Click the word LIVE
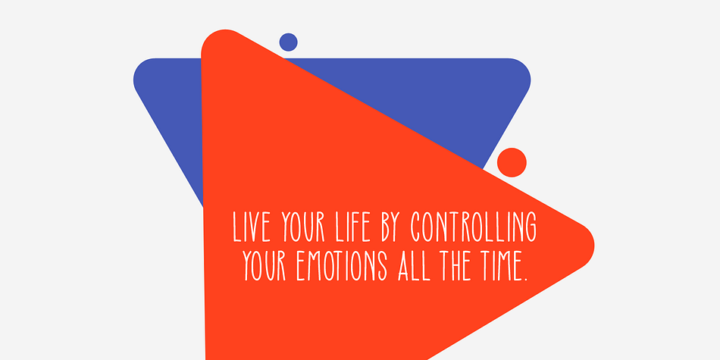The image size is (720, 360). [x=251, y=227]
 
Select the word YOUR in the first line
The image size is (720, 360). [x=303, y=227]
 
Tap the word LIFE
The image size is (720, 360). [x=352, y=227]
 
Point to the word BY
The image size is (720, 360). [x=390, y=227]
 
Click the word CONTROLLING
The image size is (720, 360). [x=474, y=227]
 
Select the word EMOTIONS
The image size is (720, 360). [x=342, y=265]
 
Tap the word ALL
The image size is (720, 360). [x=414, y=265]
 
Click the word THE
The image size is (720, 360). [x=455, y=265]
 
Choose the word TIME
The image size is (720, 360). [x=498, y=265]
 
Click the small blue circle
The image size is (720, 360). [x=288, y=42]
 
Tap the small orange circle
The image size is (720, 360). [x=512, y=162]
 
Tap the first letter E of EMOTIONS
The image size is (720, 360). [x=301, y=265]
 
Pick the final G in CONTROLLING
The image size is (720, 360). [x=531, y=227]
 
